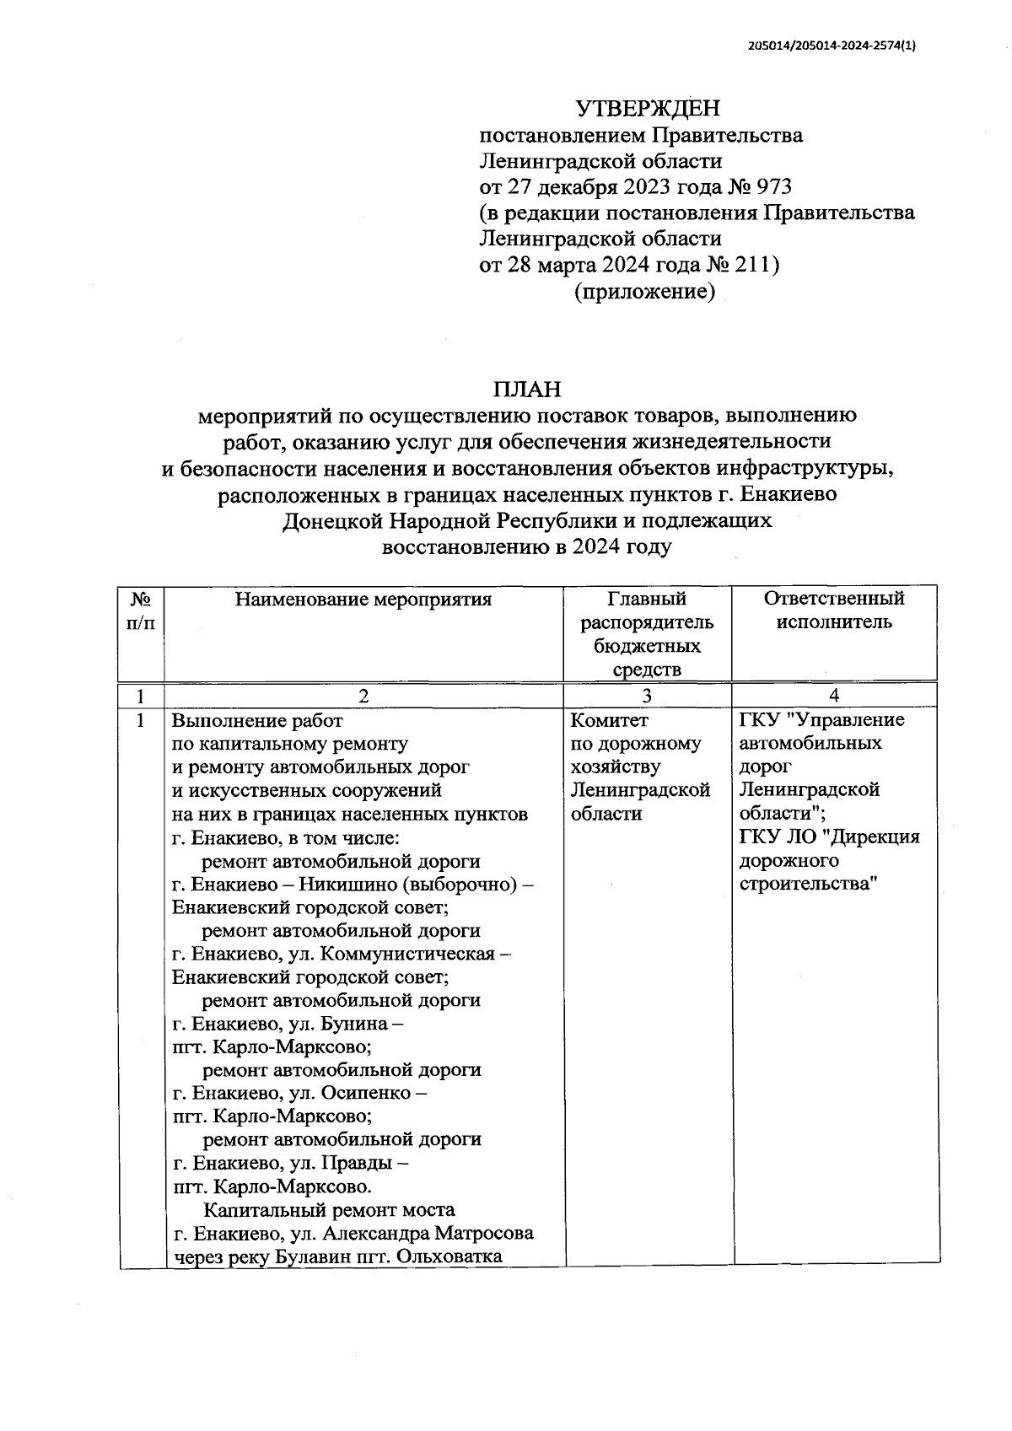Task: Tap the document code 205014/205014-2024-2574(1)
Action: (x=832, y=47)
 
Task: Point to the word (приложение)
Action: (x=644, y=292)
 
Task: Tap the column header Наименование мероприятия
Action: (x=363, y=600)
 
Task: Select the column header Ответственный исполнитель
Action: (x=833, y=610)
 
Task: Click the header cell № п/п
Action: (x=141, y=611)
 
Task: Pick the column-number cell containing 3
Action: (x=646, y=696)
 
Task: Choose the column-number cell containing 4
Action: (x=833, y=696)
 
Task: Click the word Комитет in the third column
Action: (x=610, y=720)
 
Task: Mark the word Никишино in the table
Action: (x=348, y=885)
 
